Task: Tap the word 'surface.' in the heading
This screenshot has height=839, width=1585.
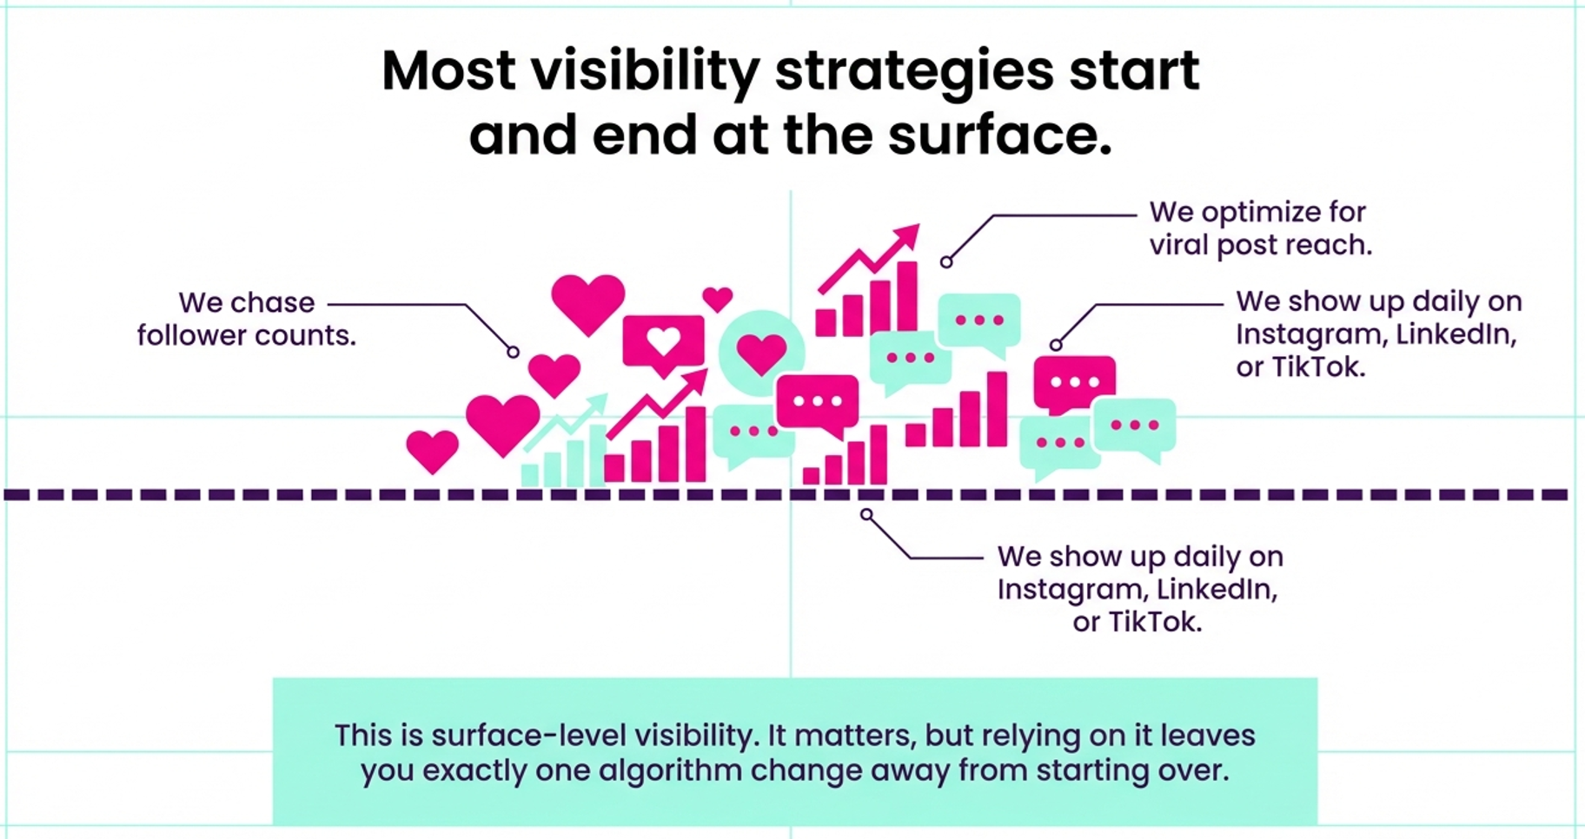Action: [x=999, y=136]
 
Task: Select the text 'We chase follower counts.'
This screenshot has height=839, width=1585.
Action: [x=247, y=319]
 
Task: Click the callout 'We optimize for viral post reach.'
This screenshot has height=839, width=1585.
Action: [x=1260, y=228]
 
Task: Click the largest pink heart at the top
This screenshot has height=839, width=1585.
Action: [x=588, y=301]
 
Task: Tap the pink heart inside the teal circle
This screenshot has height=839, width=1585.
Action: [x=761, y=353]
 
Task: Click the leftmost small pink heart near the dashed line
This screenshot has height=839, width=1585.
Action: [x=432, y=450]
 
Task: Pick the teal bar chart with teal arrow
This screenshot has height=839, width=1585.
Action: [x=563, y=447]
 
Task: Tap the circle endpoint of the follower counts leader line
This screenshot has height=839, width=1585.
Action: [x=514, y=352]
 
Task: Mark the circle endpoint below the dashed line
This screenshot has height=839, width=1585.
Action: [x=866, y=515]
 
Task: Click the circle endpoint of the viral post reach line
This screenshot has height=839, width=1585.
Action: [x=946, y=261]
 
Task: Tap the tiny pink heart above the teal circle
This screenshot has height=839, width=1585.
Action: [x=718, y=299]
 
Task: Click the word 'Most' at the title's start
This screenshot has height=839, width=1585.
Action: [x=449, y=71]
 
